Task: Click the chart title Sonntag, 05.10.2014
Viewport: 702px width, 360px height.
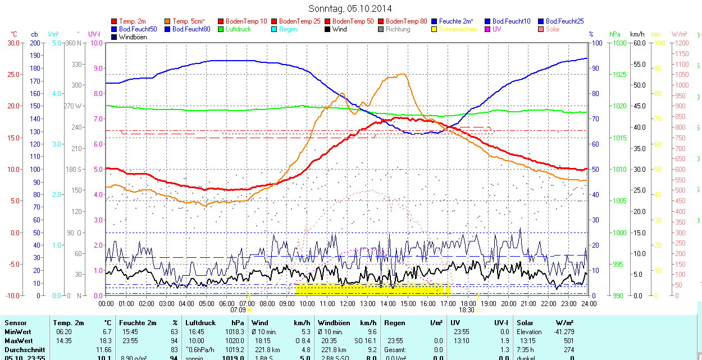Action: [x=350, y=8]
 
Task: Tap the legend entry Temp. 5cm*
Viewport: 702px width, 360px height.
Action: [x=189, y=21]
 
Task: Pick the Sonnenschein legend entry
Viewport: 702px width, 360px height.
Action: [x=458, y=29]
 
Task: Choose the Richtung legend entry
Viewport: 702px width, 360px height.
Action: [x=398, y=29]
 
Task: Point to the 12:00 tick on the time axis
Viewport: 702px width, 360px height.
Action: [x=348, y=303]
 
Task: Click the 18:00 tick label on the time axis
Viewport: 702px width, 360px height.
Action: [x=468, y=303]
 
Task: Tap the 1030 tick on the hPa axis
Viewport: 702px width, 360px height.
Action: [x=619, y=43]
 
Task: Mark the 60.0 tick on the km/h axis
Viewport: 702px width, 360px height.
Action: [x=639, y=43]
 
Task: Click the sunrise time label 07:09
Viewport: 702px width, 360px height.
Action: [x=238, y=309]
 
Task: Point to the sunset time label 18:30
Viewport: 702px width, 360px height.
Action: [x=467, y=309]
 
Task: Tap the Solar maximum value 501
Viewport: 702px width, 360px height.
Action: [x=569, y=341]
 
